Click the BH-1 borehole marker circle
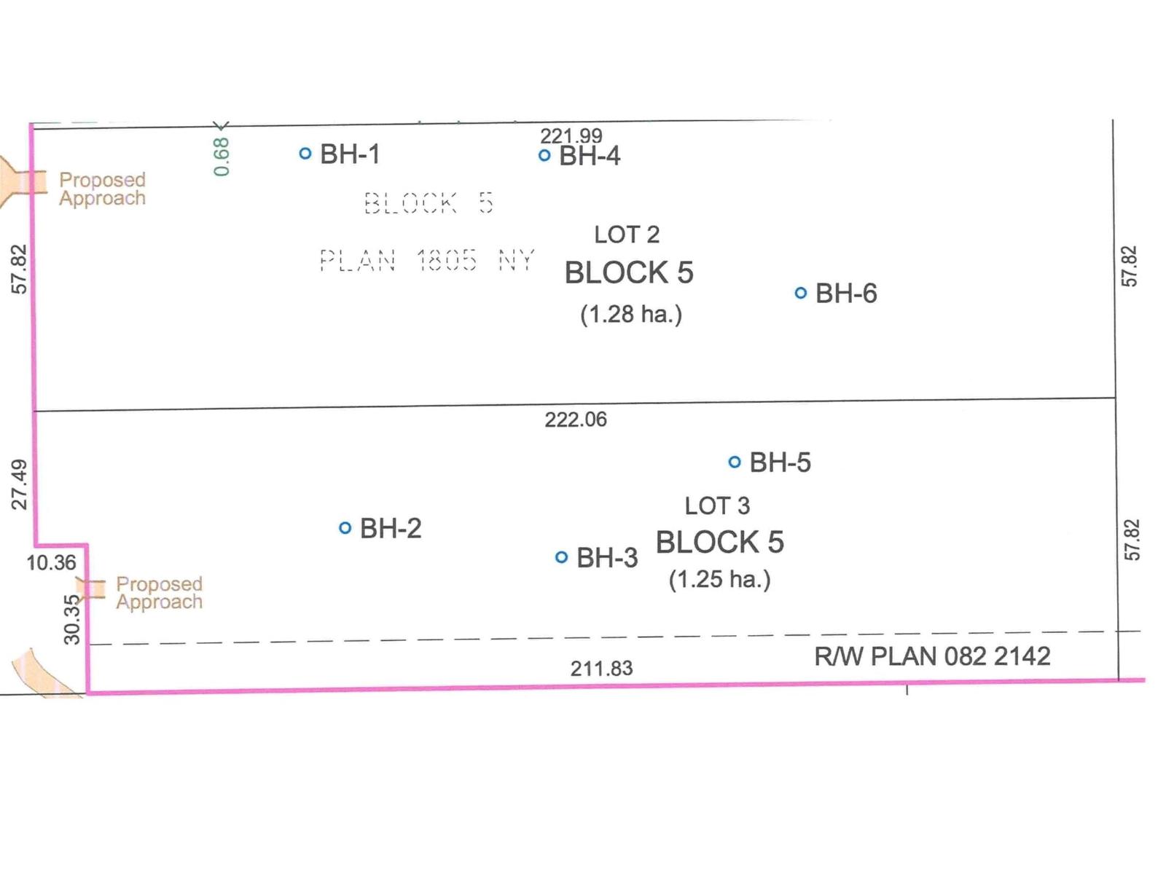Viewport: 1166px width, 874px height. [305, 154]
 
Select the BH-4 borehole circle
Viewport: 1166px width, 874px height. [544, 155]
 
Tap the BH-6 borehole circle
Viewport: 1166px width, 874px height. [800, 294]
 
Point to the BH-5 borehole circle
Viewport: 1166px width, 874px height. [735, 462]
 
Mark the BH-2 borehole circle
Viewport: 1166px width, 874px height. [345, 528]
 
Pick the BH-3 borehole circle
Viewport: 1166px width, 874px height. [561, 557]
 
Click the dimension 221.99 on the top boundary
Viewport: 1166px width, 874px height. [571, 135]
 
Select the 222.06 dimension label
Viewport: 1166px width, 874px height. [575, 420]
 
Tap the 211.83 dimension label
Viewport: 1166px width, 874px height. [601, 668]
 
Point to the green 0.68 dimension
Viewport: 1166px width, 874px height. [222, 157]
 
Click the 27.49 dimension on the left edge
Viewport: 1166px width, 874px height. [20, 484]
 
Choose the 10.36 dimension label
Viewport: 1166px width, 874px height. [51, 562]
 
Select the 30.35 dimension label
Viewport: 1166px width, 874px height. [71, 619]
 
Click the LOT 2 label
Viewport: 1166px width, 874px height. [627, 235]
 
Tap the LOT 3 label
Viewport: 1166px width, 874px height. [717, 505]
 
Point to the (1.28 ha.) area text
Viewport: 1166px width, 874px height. [631, 314]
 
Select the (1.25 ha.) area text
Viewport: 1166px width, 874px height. [719, 579]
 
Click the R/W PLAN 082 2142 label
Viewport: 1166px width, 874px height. [932, 656]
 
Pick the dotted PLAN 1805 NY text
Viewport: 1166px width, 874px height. [427, 260]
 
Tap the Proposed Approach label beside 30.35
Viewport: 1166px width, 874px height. [159, 593]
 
